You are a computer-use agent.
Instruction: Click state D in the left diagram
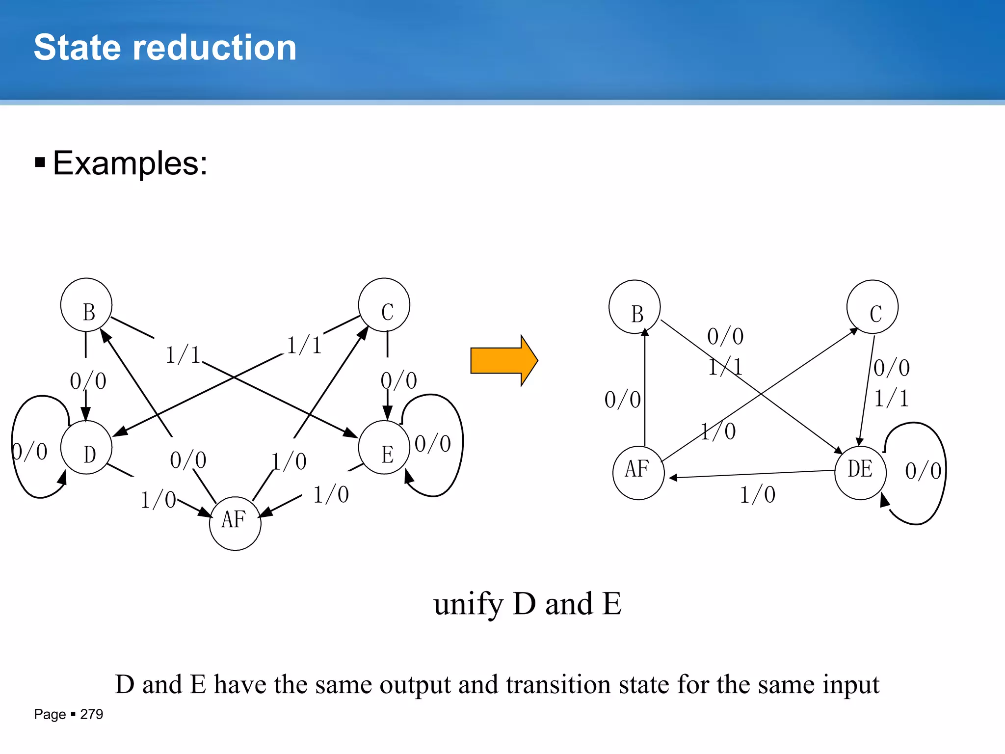click(x=86, y=448)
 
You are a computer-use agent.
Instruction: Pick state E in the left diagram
click(x=384, y=448)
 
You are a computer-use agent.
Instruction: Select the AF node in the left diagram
click(x=235, y=523)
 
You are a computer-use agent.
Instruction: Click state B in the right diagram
click(x=635, y=307)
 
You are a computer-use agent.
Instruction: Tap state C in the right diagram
click(x=873, y=307)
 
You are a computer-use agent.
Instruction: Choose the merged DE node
click(x=860, y=473)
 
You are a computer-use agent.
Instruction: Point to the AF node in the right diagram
click(x=638, y=473)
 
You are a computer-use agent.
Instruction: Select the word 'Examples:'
click(x=130, y=163)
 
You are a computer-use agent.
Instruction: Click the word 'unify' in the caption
click(x=469, y=604)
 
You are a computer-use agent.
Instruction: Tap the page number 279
click(x=92, y=714)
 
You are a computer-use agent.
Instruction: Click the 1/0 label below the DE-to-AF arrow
click(x=758, y=495)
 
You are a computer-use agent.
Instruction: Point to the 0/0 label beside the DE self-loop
click(x=923, y=471)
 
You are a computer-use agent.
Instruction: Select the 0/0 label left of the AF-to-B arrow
click(x=622, y=400)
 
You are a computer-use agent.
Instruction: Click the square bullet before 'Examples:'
click(x=40, y=162)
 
